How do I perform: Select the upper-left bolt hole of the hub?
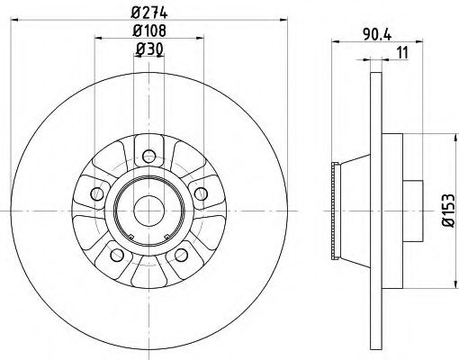coord(94,192)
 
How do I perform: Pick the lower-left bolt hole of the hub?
coord(114,256)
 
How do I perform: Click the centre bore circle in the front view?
coord(148,210)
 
